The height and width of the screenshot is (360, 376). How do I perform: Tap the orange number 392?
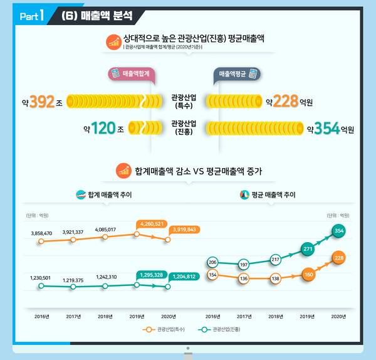click(42, 101)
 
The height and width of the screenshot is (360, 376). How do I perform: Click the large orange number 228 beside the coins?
click(285, 101)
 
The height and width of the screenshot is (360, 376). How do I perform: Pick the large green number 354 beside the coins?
click(326, 129)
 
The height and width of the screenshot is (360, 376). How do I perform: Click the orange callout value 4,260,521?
click(152, 223)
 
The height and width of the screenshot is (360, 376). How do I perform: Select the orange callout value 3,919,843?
click(184, 230)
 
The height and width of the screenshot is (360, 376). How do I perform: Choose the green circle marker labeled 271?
click(307, 249)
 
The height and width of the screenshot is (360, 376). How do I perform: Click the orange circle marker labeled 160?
click(308, 275)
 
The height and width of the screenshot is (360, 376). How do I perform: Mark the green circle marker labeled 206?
click(212, 262)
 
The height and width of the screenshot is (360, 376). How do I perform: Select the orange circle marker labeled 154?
click(212, 275)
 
